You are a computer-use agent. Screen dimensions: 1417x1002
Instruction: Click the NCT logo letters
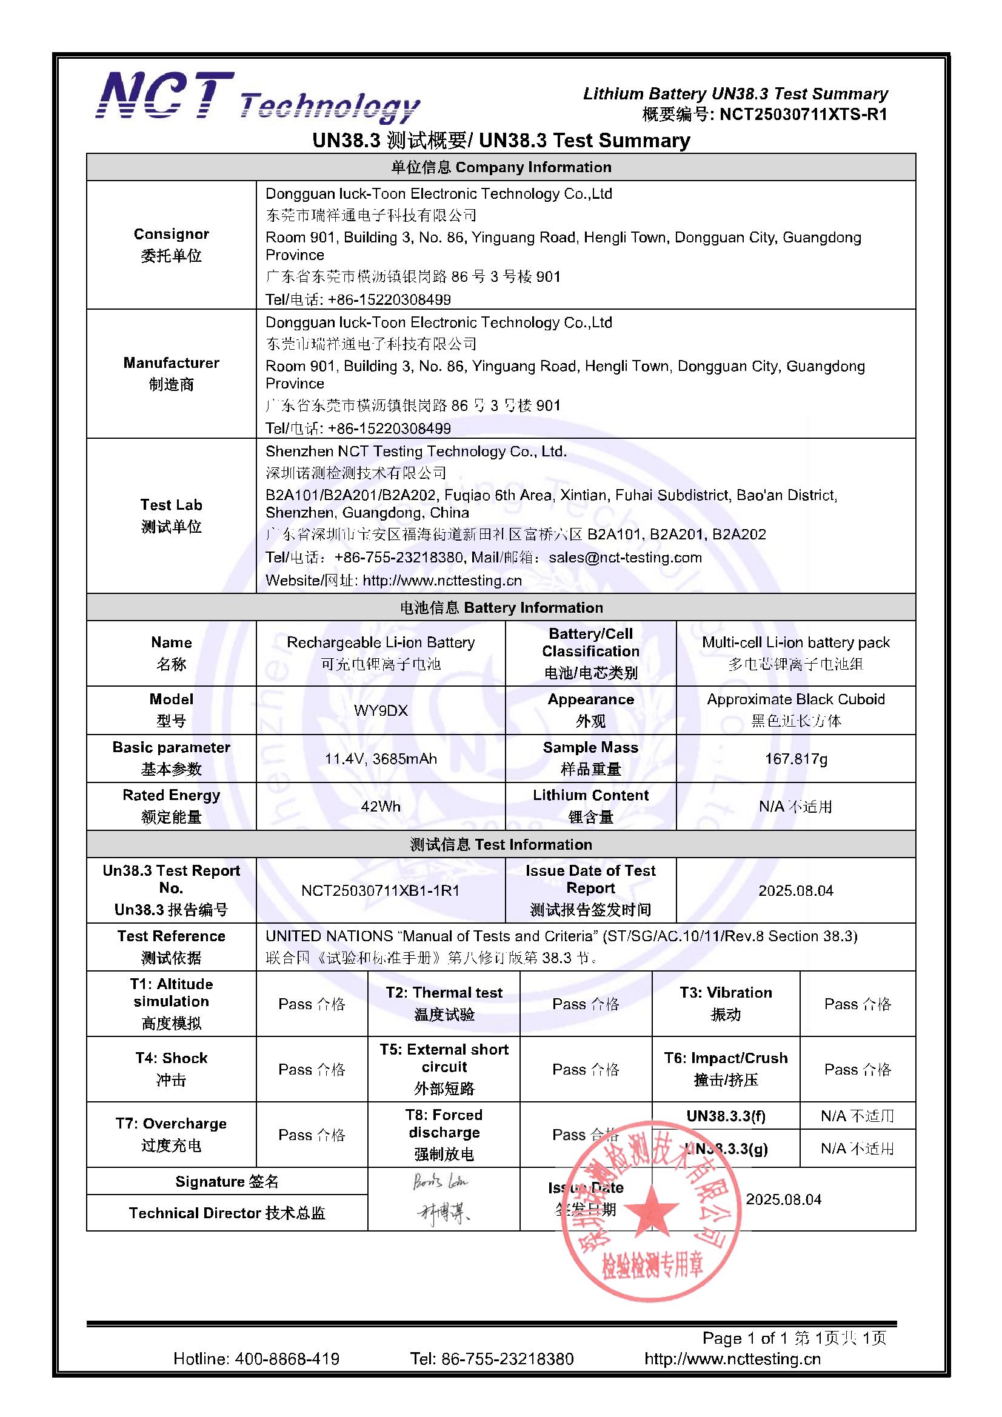coord(165,96)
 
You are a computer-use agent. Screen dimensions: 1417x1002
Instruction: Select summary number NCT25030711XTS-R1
coord(803,114)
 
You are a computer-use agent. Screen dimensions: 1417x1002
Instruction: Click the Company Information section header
coord(501,167)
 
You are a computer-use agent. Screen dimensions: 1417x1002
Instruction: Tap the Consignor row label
coord(171,244)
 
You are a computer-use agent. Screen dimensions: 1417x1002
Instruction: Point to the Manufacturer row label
coord(171,373)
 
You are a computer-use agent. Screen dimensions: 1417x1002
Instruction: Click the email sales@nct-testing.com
coord(625,558)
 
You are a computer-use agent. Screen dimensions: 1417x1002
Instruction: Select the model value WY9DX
coord(380,710)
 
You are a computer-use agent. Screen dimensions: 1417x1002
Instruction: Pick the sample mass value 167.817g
coord(795,758)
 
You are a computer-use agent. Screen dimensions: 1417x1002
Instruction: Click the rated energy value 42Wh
coord(380,806)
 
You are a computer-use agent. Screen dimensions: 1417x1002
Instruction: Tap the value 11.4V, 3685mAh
coord(380,758)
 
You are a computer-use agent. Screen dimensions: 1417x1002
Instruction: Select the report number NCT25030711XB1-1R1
coord(380,890)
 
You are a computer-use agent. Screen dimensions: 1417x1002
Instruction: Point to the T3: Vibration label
coord(726,1003)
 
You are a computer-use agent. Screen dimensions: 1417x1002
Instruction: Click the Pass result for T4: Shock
coord(311,1069)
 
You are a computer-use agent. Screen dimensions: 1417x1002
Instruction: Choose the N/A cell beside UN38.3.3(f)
coord(857,1116)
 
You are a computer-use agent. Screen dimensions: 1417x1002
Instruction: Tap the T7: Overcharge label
coord(171,1135)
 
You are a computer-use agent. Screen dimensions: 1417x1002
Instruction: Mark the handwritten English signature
coord(439,1182)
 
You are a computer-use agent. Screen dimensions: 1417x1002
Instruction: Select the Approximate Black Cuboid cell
coord(795,710)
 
